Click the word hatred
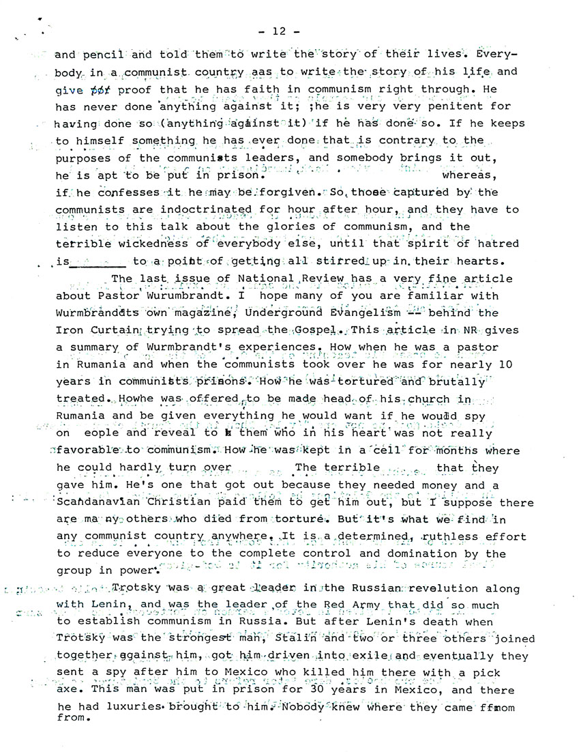coord(494,244)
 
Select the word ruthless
coord(420,537)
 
